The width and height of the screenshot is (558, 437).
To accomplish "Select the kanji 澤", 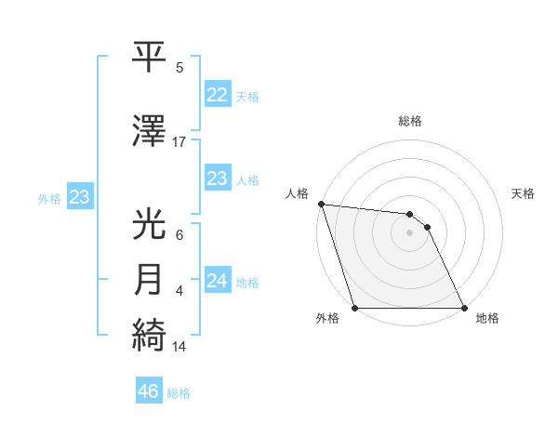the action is click(x=150, y=129).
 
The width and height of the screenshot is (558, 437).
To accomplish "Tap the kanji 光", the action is click(x=150, y=224).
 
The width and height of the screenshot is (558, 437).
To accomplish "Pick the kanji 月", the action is click(x=150, y=279).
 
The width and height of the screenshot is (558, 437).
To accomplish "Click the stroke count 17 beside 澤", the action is click(x=179, y=141).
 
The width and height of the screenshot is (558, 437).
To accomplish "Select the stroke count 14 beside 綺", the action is click(x=179, y=347).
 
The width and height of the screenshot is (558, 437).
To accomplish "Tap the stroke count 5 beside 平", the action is click(x=179, y=67).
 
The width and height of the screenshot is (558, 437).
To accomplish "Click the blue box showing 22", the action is click(x=217, y=95).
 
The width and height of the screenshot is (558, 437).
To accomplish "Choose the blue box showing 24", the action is click(x=217, y=281).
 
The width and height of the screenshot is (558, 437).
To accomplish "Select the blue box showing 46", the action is click(x=148, y=391).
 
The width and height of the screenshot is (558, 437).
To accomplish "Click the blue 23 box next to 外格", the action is click(x=79, y=197).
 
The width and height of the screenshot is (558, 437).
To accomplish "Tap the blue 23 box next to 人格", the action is click(x=217, y=179).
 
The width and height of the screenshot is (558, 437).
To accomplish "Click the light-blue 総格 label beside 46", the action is click(x=179, y=392).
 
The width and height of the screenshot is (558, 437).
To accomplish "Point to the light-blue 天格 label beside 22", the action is click(x=247, y=96).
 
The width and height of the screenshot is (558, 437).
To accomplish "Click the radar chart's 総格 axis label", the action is click(x=410, y=121).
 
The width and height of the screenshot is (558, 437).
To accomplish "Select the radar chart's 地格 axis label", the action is click(x=487, y=318).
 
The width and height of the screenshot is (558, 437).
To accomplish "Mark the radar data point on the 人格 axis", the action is click(x=321, y=205).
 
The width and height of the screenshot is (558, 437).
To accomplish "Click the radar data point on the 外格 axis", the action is click(x=355, y=308).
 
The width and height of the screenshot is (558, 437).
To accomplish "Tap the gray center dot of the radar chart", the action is click(x=410, y=232).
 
